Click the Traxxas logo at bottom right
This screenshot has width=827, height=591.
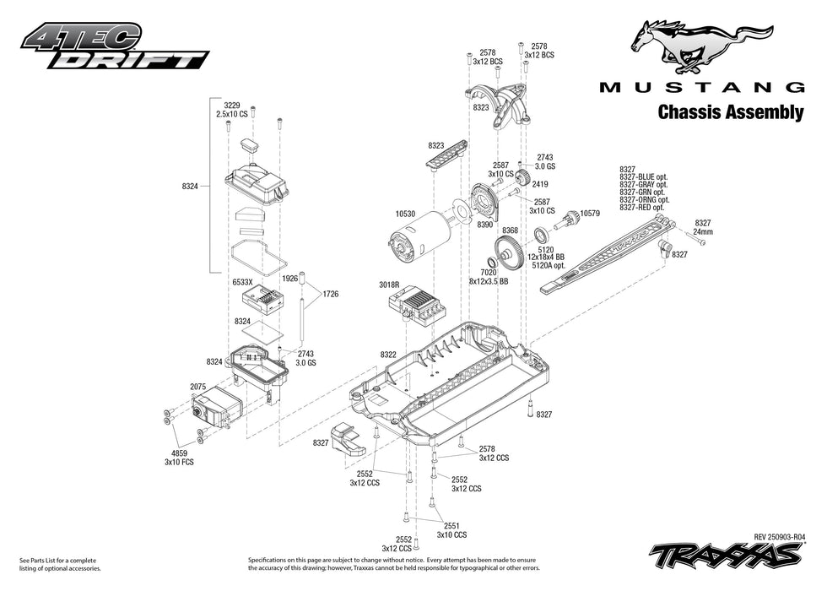(726, 555)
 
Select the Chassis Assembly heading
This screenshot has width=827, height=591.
(730, 112)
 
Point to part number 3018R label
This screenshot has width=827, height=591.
(390, 285)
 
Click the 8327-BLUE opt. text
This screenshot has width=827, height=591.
(643, 176)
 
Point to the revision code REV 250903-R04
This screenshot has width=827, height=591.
(779, 536)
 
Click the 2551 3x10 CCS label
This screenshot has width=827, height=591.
(451, 529)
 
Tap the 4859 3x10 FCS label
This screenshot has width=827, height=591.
(179, 458)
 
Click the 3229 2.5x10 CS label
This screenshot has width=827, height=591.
(231, 109)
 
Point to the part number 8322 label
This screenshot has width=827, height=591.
(388, 355)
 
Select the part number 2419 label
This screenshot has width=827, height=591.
(540, 184)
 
